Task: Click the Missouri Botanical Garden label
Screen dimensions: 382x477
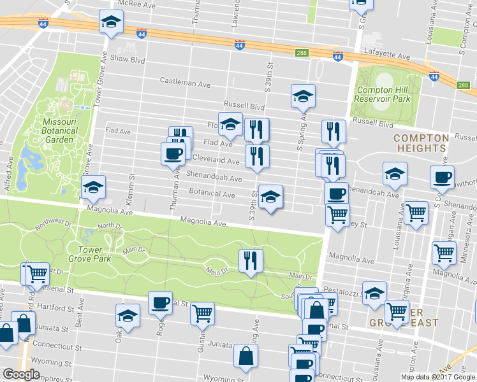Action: (x=60, y=131)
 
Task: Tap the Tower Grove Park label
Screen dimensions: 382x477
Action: (x=94, y=254)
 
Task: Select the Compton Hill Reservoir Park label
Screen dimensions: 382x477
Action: (x=383, y=95)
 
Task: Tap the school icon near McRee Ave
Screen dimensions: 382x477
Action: (x=111, y=23)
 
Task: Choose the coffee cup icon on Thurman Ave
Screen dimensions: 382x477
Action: (x=173, y=153)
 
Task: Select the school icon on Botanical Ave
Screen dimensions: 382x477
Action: (x=270, y=197)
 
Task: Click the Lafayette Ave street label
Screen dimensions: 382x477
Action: (x=386, y=56)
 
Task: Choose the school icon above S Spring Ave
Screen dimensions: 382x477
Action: (x=304, y=95)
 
